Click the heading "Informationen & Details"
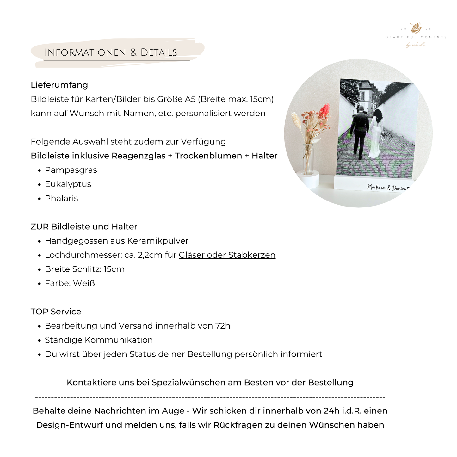[x=111, y=52]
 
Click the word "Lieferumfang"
[x=59, y=85]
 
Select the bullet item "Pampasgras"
[x=71, y=170]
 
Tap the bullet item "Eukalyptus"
[x=68, y=184]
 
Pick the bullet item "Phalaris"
[x=61, y=199]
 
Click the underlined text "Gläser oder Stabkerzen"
[x=227, y=255]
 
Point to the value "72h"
[x=223, y=326]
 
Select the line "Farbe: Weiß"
[x=70, y=283]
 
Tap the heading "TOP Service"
[x=56, y=312]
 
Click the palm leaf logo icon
[x=416, y=28]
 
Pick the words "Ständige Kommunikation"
[x=99, y=340]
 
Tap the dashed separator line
[x=210, y=397]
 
